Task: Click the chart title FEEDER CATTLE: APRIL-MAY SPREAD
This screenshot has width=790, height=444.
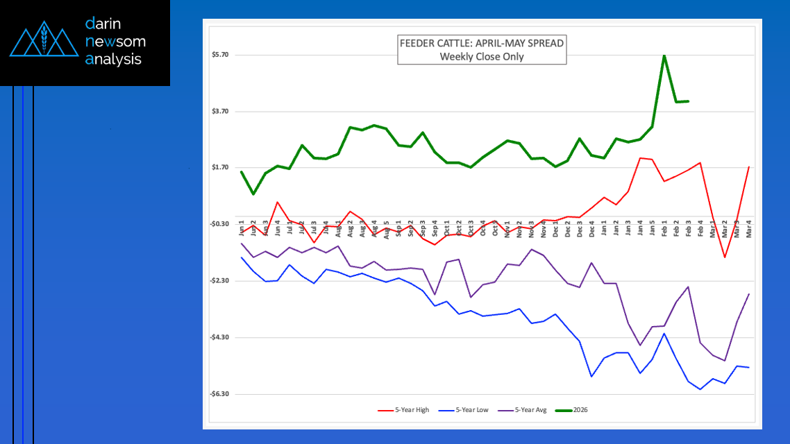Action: pos(482,44)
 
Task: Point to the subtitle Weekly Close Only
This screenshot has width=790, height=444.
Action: pos(482,57)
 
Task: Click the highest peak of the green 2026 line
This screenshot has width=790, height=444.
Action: pos(664,55)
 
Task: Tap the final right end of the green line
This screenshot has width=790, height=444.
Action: pos(688,101)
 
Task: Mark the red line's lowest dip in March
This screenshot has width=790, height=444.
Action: pos(725,257)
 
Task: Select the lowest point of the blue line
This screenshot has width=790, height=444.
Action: pos(700,390)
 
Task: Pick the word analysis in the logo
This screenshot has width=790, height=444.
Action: pos(113,60)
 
